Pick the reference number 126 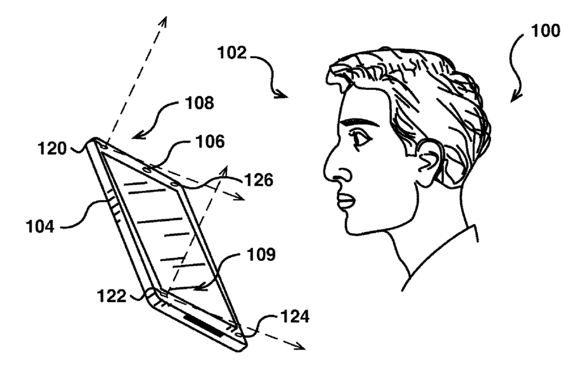click(260, 181)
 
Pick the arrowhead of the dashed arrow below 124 click(299, 347)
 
